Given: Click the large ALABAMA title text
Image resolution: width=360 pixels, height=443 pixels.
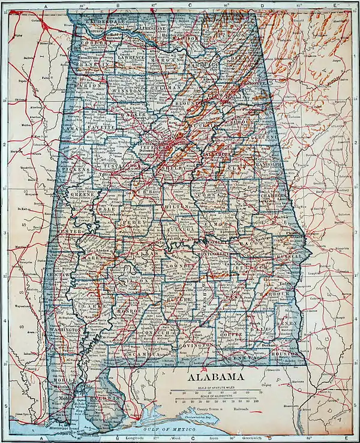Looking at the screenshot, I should pos(216,378).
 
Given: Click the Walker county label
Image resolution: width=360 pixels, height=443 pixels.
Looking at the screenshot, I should pos(133,114).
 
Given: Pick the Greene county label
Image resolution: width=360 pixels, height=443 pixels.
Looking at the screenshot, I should pos(83,195).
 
